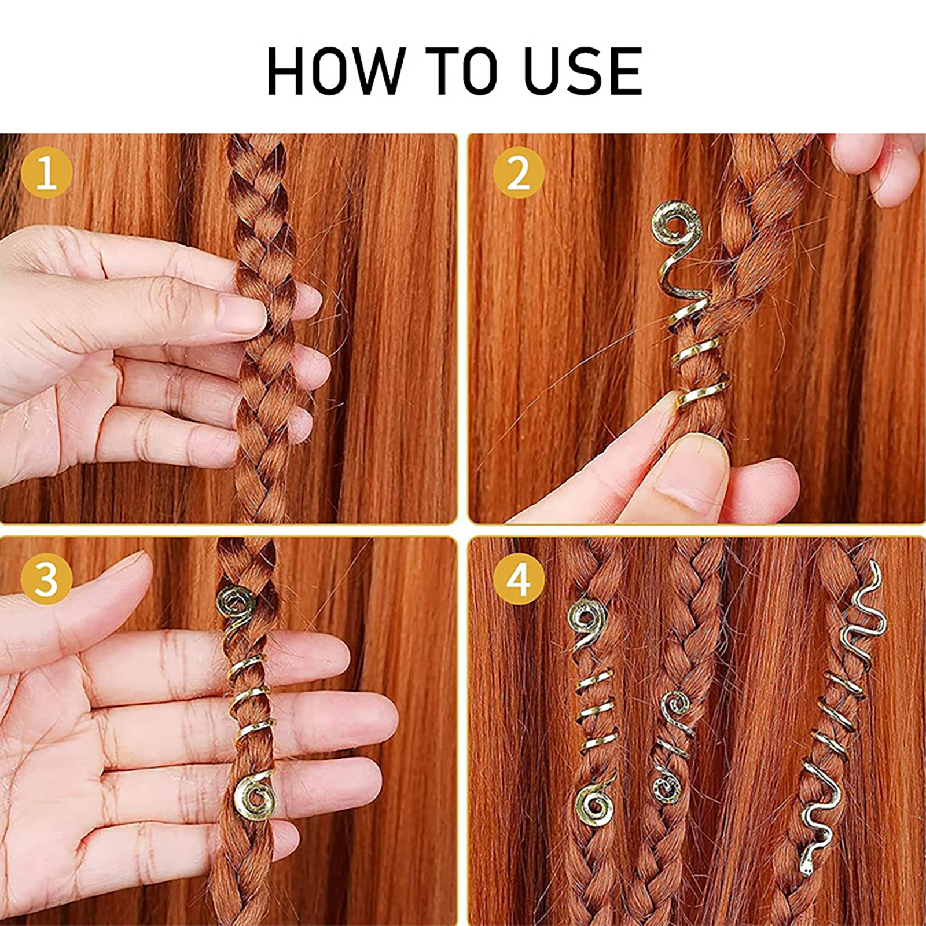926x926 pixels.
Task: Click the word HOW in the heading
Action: (335, 71)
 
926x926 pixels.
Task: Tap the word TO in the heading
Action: (462, 71)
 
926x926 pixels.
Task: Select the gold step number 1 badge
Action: (46, 172)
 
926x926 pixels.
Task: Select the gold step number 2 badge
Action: (519, 172)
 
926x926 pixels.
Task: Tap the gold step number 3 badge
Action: (46, 578)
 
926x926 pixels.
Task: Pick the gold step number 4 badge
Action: (519, 578)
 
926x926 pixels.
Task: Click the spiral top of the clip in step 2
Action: (677, 223)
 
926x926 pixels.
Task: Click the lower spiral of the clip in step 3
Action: (255, 796)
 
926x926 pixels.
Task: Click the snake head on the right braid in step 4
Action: (806, 882)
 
